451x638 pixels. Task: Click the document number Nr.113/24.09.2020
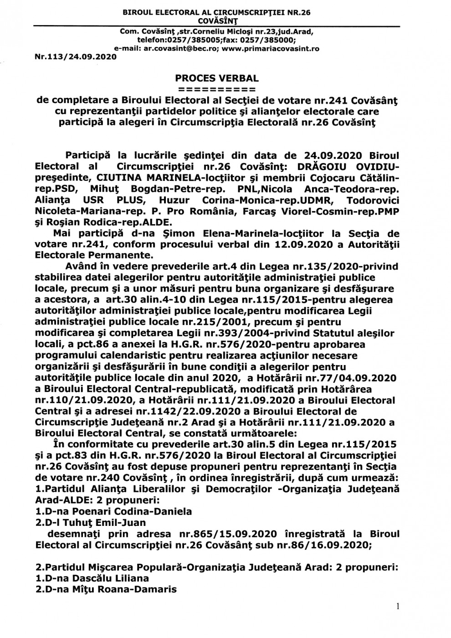(x=76, y=57)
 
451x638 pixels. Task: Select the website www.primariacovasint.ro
(x=271, y=48)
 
